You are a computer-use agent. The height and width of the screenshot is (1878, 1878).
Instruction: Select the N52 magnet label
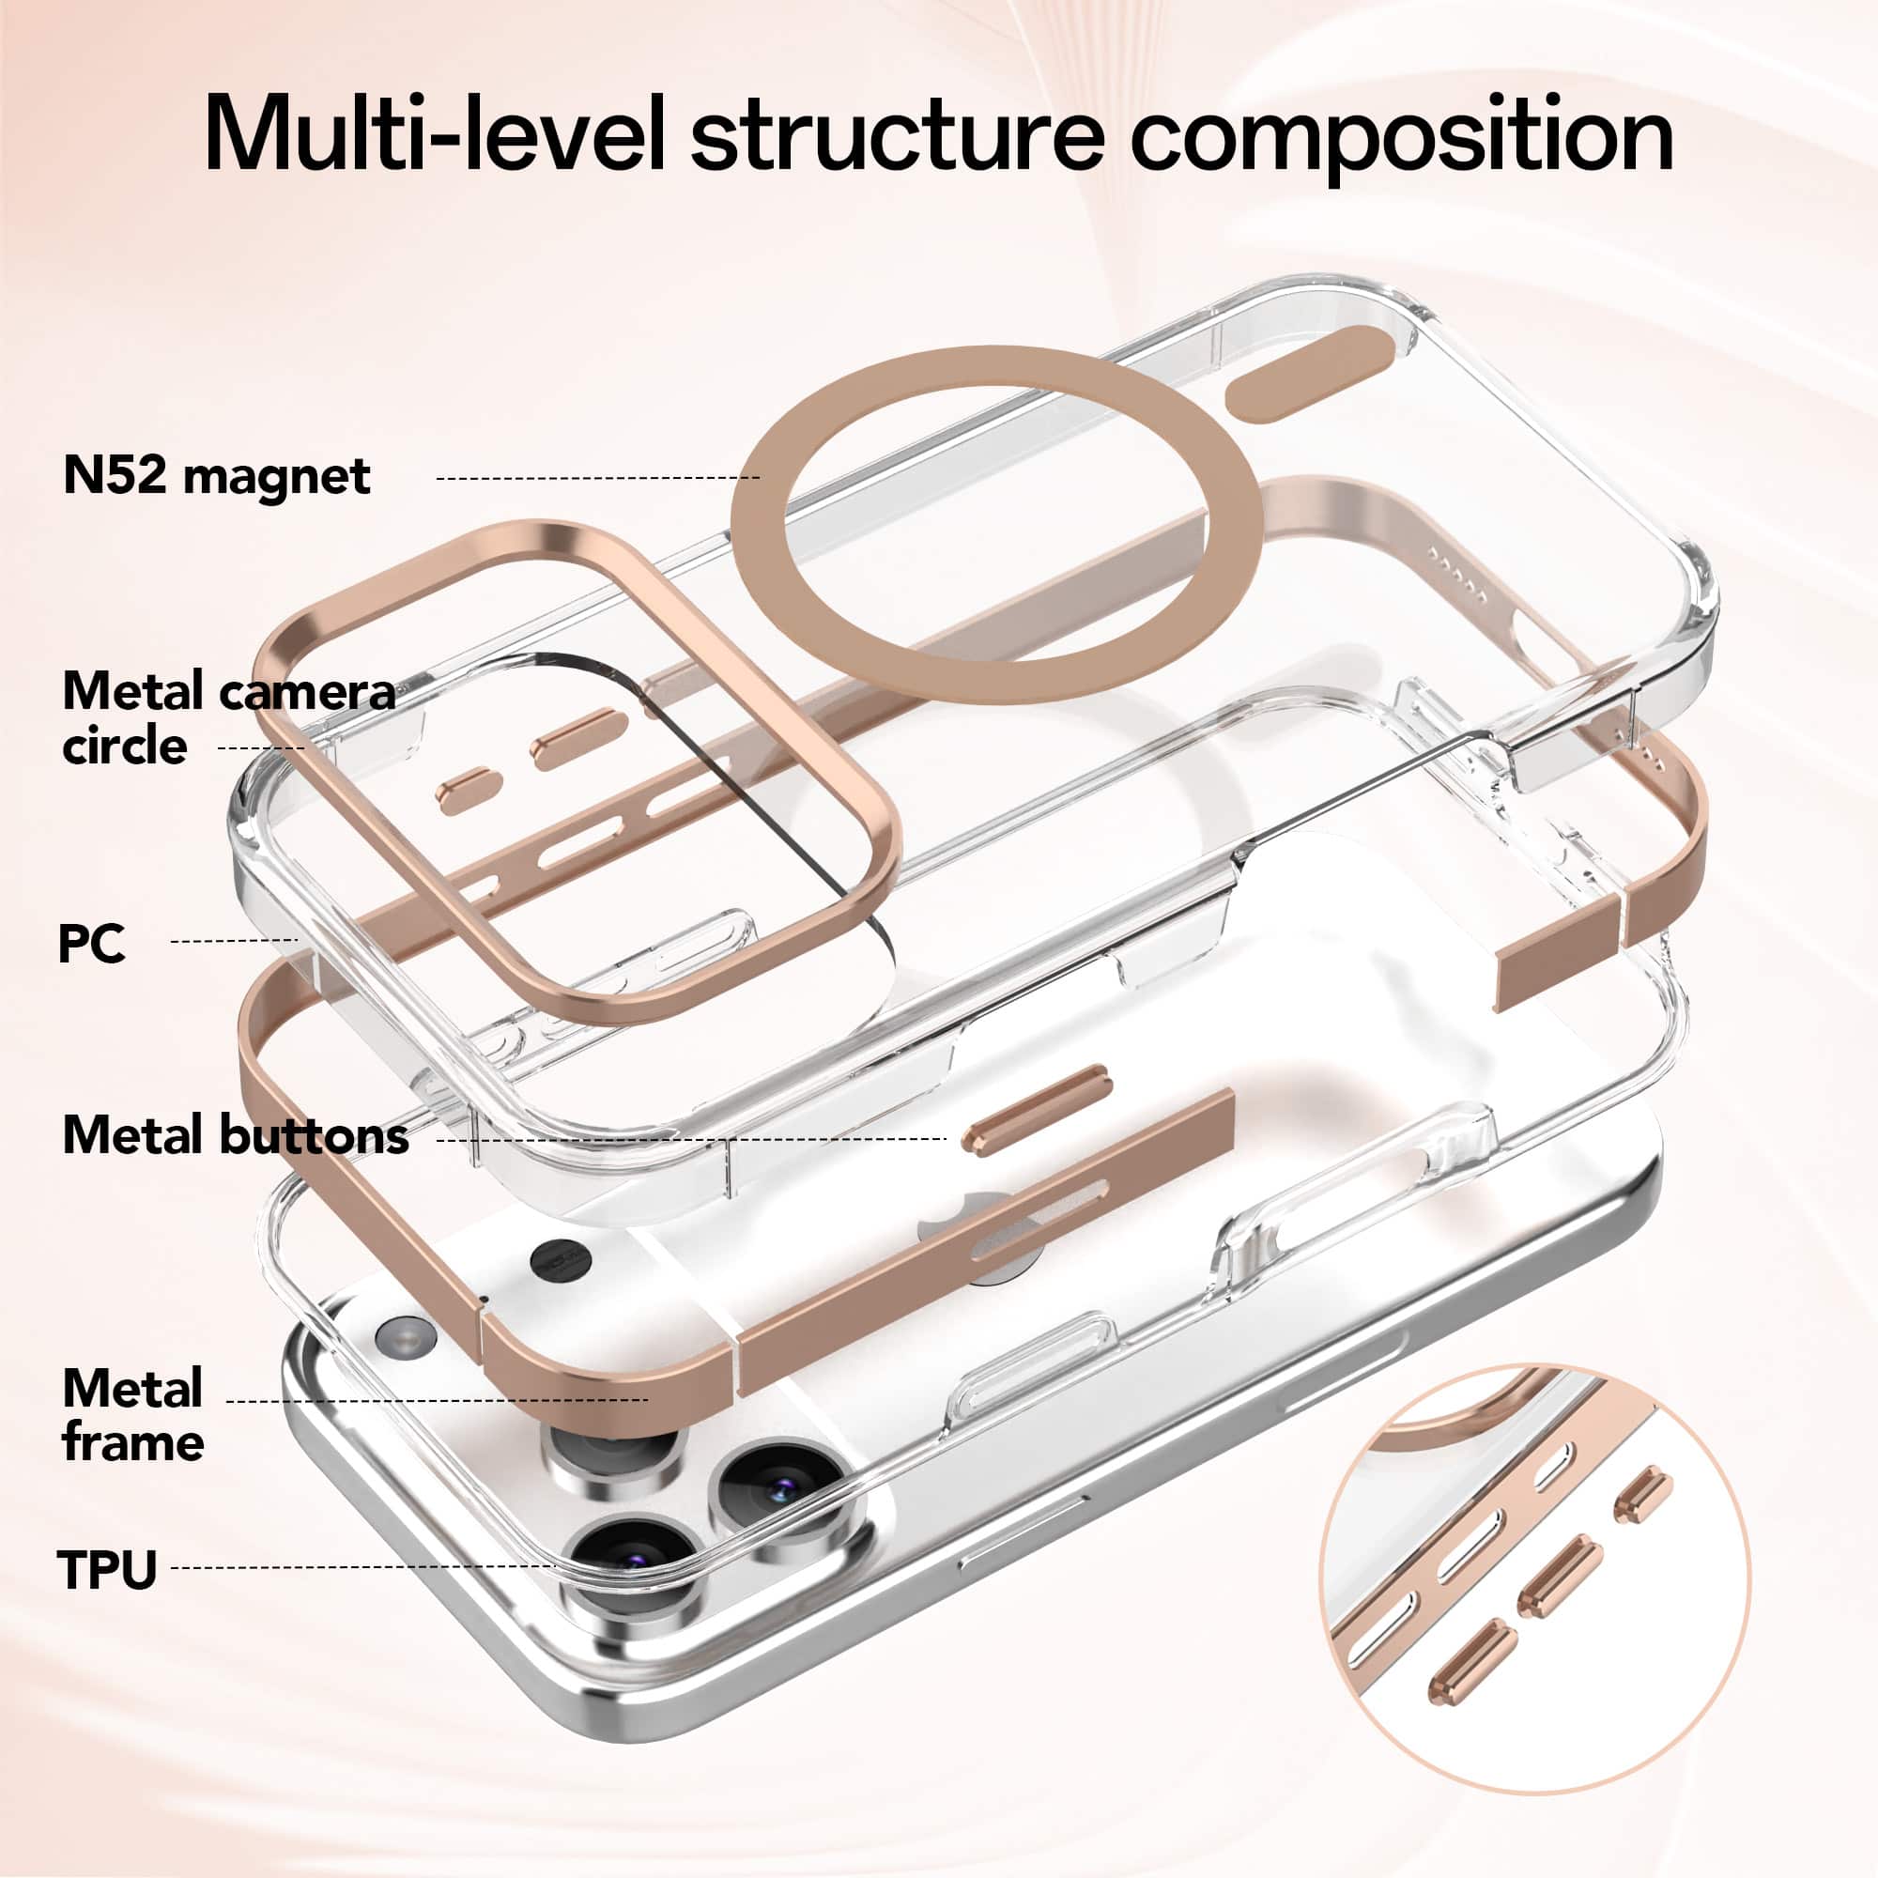tap(216, 476)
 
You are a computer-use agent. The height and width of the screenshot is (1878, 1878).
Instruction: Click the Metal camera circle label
tap(228, 718)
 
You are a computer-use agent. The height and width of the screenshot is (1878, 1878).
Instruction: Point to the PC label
tap(91, 943)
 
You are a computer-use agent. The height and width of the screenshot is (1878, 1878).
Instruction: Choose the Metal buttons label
tap(236, 1135)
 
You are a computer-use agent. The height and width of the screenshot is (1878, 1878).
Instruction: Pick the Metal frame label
tap(133, 1414)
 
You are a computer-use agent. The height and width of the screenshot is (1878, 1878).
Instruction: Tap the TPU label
tap(107, 1569)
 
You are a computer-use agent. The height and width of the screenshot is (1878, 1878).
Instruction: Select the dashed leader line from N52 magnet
tap(598, 478)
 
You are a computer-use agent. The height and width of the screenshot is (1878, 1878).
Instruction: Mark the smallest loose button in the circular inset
tap(1641, 1494)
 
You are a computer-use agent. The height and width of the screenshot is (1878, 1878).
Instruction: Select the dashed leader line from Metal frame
tap(438, 1401)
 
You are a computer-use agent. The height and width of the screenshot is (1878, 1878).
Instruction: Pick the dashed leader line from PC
tap(234, 940)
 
